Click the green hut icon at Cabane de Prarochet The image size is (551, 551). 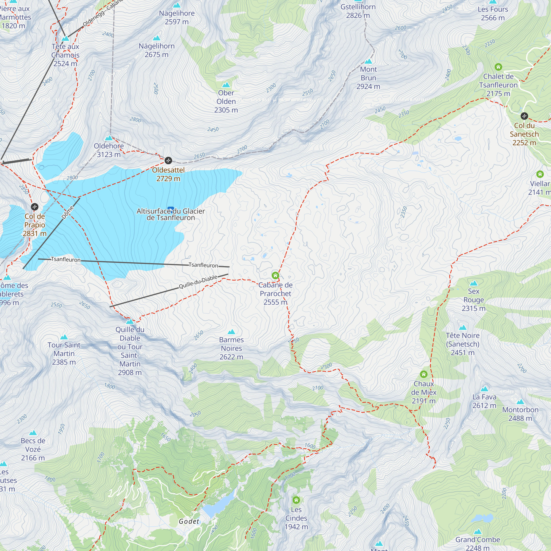tap(275, 275)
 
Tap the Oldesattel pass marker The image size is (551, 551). tap(168, 161)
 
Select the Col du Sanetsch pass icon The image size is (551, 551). tap(524, 116)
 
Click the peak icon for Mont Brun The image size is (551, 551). tap(368, 61)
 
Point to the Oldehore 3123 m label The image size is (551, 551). tap(109, 150)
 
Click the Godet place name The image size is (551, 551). tap(189, 521)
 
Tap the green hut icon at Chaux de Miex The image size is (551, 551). tap(424, 374)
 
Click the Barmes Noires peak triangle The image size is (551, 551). tap(231, 332)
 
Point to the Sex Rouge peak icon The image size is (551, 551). tap(474, 283)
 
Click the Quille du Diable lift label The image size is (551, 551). tap(198, 282)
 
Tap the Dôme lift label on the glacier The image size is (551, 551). tap(67, 213)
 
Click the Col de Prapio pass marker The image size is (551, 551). tap(34, 207)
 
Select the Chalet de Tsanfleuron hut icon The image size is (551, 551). tap(498, 67)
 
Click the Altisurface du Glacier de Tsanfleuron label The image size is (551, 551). tap(171, 214)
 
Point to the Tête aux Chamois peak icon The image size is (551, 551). tap(65, 38)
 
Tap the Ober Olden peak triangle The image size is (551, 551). tap(226, 85)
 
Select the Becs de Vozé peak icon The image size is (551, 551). tap(33, 433)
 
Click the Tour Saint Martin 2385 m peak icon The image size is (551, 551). tap(64, 337)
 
